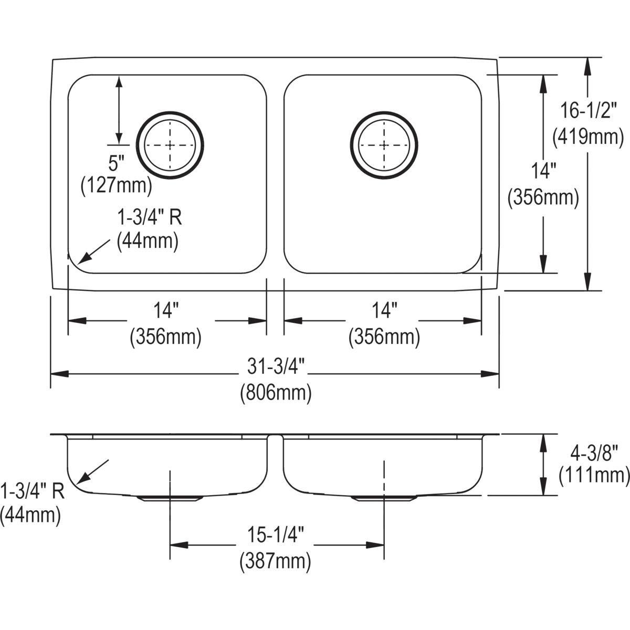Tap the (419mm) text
588,138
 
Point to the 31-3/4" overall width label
275,367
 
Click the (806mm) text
275,392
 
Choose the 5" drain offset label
115,164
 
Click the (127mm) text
116,185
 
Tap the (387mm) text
275,562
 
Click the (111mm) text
593,475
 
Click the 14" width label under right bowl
384,312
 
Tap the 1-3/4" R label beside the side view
33,491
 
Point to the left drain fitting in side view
169,498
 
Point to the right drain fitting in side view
384,498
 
